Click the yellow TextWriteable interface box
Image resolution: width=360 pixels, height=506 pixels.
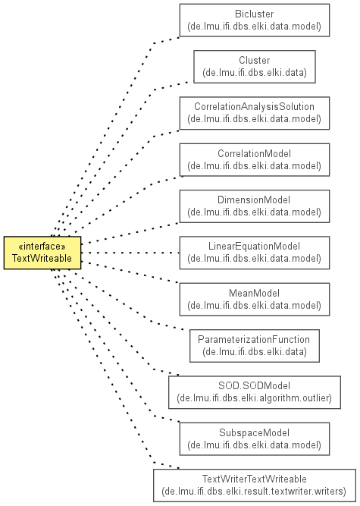(x=42, y=253)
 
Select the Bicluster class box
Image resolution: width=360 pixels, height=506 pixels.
(x=255, y=20)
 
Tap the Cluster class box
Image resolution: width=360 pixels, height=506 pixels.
(x=255, y=67)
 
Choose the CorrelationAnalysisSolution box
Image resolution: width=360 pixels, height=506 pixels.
(x=255, y=113)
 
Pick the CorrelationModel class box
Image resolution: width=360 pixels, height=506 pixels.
(x=255, y=160)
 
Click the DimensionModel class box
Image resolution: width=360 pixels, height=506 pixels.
(x=255, y=206)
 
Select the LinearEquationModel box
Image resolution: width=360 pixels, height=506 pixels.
(x=255, y=253)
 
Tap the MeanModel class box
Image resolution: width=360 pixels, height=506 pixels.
(x=255, y=299)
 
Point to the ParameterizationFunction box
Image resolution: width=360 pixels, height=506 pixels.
(x=255, y=346)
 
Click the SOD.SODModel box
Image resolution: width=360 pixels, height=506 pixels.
(x=255, y=392)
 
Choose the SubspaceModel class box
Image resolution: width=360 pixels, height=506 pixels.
(x=255, y=439)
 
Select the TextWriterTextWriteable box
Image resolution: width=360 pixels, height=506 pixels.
(x=255, y=486)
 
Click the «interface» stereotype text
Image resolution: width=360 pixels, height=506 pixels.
(x=42, y=247)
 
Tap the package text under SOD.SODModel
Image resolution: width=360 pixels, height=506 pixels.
(x=255, y=398)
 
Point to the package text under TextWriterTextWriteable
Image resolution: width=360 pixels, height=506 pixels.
(x=255, y=492)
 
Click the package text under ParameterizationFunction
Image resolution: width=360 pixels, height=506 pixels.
(x=255, y=352)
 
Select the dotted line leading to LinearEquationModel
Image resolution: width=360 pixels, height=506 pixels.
(x=130, y=253)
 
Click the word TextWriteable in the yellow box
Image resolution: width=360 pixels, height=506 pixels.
(x=42, y=259)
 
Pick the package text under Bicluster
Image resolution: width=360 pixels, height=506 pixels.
(x=255, y=26)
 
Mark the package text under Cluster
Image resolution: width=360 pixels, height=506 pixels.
(x=255, y=73)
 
